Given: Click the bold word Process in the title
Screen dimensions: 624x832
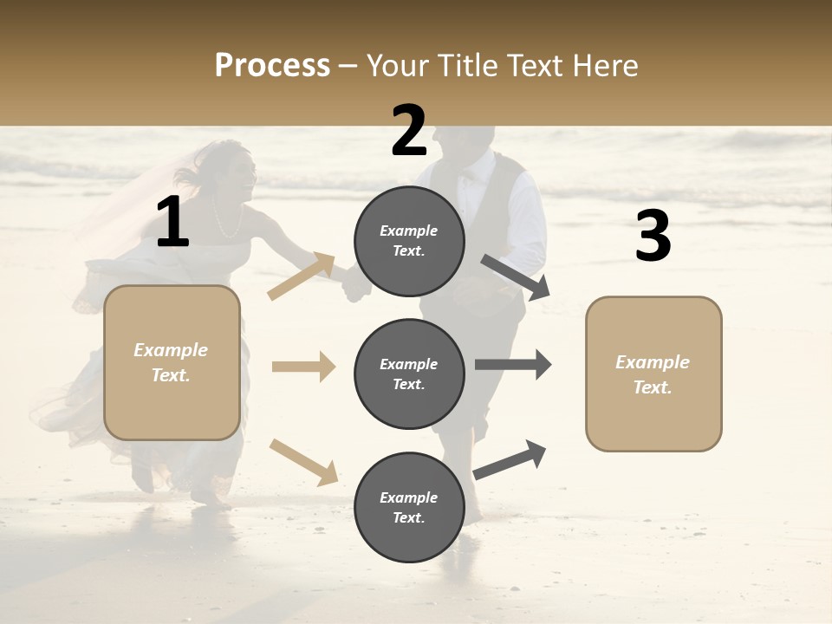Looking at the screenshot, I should pyautogui.click(x=272, y=66).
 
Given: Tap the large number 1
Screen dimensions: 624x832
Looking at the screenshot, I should pyautogui.click(x=172, y=223).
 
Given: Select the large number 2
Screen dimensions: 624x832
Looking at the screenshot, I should pyautogui.click(x=409, y=132).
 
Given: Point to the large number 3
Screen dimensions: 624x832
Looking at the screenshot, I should pyautogui.click(x=653, y=237).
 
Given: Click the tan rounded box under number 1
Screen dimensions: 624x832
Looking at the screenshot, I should pyautogui.click(x=172, y=362).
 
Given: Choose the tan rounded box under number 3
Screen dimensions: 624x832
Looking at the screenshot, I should pyautogui.click(x=653, y=374).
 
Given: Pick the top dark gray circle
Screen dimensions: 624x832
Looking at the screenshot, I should pyautogui.click(x=409, y=241).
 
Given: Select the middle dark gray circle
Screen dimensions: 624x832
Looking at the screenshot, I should pyautogui.click(x=409, y=374).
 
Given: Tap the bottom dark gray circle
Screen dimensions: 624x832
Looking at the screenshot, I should pyautogui.click(x=409, y=507).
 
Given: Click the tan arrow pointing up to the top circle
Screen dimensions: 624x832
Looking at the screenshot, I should pyautogui.click(x=301, y=276).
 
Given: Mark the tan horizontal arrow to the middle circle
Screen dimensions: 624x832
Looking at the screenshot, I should pyautogui.click(x=303, y=367).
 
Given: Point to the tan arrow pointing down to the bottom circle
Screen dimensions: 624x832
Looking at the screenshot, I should pyautogui.click(x=303, y=462).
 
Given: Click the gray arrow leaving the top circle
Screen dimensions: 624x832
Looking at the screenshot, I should pyautogui.click(x=515, y=277).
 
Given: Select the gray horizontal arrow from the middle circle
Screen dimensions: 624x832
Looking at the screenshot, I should pyautogui.click(x=512, y=365).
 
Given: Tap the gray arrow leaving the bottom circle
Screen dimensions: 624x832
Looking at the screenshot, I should pyautogui.click(x=510, y=459).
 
